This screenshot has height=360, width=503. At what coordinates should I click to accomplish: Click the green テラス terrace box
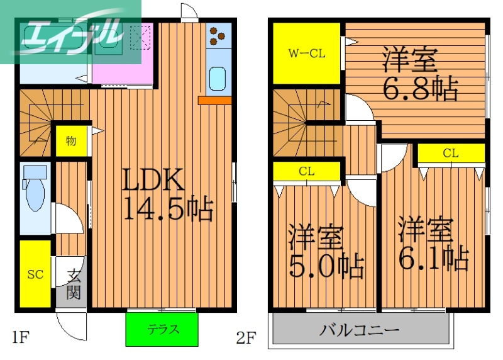(x=162, y=329)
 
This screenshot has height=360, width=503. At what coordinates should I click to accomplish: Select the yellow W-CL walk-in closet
(x=307, y=53)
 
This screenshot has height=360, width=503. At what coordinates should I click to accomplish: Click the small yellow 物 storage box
(x=71, y=140)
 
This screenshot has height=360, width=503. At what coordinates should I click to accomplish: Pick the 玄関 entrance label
(x=74, y=283)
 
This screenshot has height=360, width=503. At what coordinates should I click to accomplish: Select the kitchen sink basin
(x=219, y=79)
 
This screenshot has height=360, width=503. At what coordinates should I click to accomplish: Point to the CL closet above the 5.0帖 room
(x=307, y=171)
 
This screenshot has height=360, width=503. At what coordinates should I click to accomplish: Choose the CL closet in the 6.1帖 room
(x=450, y=153)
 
